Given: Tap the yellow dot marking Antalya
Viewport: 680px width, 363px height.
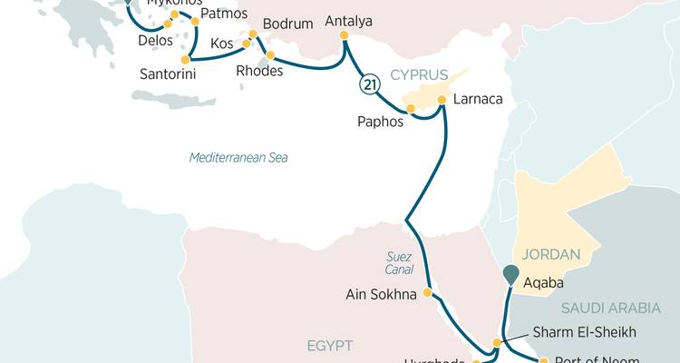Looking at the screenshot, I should (x=344, y=36).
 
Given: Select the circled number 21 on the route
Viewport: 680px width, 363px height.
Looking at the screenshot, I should (x=369, y=84).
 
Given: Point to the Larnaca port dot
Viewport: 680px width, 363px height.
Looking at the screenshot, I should (x=442, y=100).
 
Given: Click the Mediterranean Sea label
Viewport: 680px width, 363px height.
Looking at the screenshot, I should (x=238, y=158).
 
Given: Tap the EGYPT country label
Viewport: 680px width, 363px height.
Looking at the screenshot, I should (x=329, y=346).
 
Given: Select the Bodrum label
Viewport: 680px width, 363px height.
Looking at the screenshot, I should (x=287, y=24).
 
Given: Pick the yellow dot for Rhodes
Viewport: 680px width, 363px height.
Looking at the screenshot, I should (x=270, y=55).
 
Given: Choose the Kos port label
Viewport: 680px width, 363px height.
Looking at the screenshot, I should (x=221, y=44).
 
